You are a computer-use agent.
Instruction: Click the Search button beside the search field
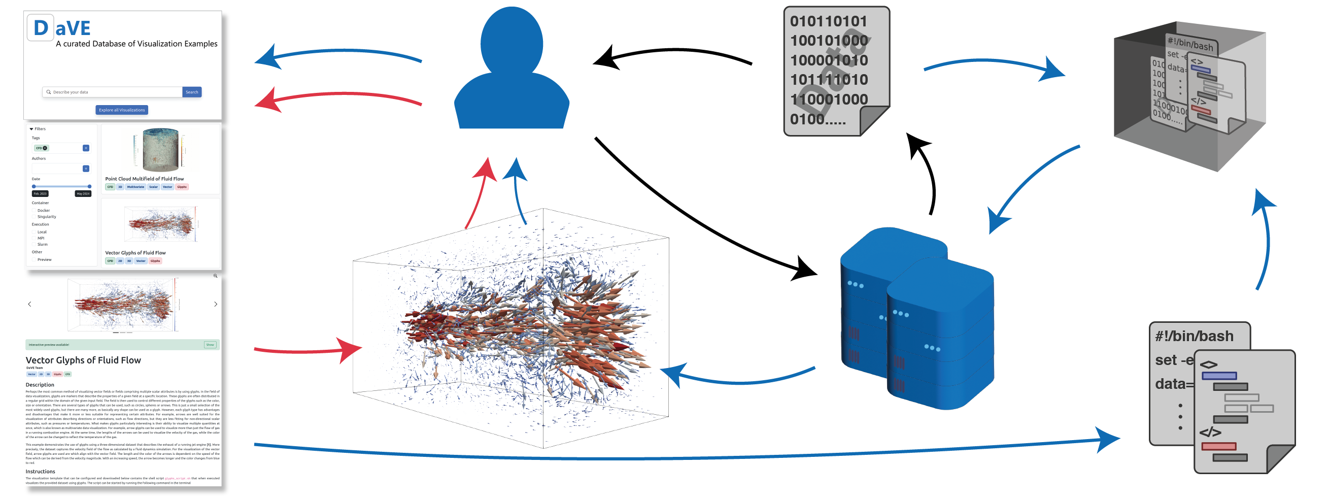click(192, 92)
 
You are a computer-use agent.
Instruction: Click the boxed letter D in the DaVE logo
click(41, 28)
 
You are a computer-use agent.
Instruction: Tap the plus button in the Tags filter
click(86, 148)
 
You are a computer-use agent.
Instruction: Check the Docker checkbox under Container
click(34, 210)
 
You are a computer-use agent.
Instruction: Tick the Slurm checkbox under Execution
click(34, 244)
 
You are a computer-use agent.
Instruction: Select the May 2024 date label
click(83, 194)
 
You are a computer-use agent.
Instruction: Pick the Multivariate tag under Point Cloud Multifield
click(135, 187)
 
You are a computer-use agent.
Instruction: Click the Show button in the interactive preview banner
click(210, 345)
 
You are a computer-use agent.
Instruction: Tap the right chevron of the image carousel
click(216, 304)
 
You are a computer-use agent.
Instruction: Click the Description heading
click(40, 385)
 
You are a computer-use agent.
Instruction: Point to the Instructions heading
click(40, 472)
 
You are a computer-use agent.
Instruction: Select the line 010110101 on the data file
click(828, 22)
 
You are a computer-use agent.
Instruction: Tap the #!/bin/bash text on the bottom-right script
click(1194, 337)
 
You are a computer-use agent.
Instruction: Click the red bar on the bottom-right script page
click(1219, 446)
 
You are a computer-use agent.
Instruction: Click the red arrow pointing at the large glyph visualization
click(310, 350)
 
